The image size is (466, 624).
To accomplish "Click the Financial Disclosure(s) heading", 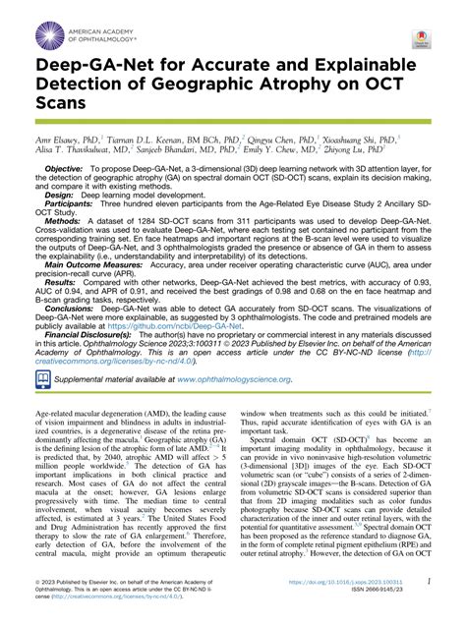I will pos(98,387).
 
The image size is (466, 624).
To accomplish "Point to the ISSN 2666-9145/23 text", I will pos(377,594).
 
